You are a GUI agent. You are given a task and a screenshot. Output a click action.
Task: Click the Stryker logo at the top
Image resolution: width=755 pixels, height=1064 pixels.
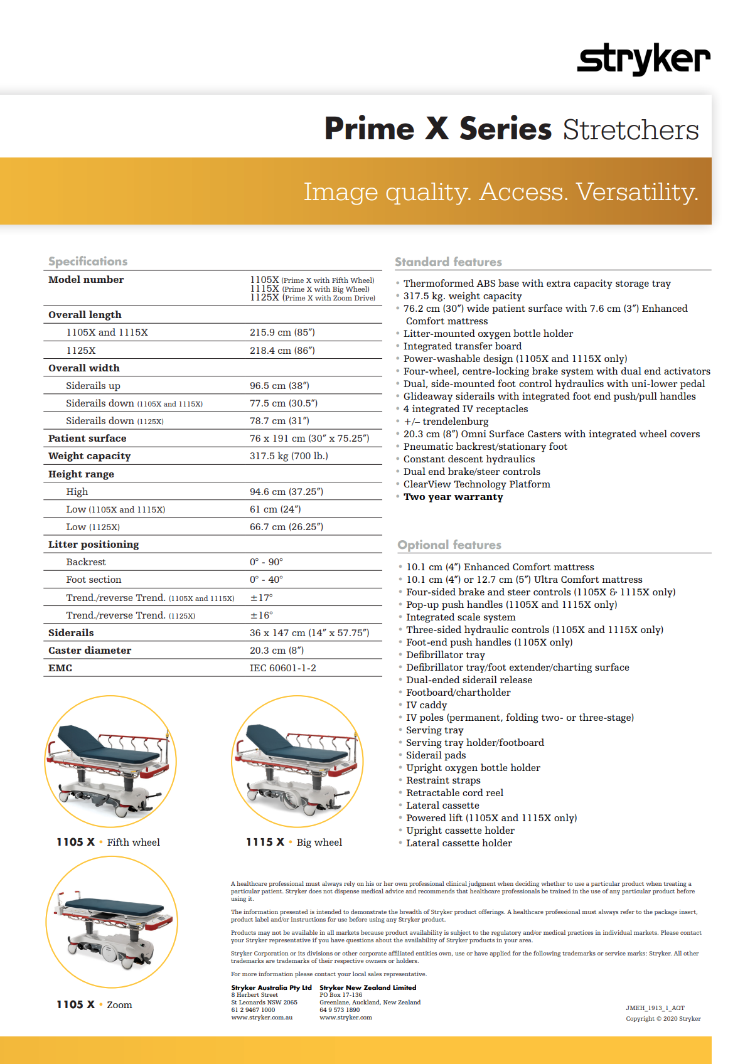click(x=643, y=60)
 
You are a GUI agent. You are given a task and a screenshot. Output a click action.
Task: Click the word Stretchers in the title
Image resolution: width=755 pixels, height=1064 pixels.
click(x=630, y=130)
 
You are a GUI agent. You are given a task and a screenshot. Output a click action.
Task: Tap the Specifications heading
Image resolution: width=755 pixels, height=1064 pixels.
click(x=88, y=262)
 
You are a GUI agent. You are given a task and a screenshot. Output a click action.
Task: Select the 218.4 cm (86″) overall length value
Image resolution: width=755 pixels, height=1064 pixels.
click(x=282, y=351)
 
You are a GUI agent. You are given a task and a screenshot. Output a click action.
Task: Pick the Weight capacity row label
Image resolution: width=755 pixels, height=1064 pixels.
click(x=90, y=456)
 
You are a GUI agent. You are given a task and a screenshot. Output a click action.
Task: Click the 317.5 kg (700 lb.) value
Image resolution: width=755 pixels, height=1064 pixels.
click(x=289, y=456)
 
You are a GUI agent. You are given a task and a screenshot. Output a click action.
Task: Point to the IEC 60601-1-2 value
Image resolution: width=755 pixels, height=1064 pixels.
click(x=283, y=668)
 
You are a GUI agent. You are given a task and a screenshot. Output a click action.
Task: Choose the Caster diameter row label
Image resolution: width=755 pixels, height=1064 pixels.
click(x=90, y=651)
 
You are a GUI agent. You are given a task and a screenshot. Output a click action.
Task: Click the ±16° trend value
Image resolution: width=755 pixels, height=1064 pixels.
click(x=262, y=615)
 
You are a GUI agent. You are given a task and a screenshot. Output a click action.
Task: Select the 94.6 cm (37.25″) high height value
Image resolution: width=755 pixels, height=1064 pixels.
click(x=286, y=492)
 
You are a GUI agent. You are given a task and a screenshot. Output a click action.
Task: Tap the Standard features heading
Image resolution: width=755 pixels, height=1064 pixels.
click(x=448, y=262)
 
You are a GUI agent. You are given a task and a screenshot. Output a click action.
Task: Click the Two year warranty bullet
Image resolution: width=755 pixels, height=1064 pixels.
click(x=453, y=497)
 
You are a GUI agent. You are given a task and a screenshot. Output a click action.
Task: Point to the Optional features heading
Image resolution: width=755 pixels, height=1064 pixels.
click(x=449, y=545)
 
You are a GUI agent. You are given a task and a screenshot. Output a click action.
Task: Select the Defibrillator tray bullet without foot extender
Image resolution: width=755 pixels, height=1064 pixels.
click(x=446, y=655)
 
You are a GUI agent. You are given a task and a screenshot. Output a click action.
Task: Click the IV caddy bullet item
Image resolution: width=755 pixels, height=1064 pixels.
click(x=427, y=705)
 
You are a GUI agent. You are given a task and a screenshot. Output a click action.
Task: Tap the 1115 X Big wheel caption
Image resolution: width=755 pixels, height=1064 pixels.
click(x=294, y=843)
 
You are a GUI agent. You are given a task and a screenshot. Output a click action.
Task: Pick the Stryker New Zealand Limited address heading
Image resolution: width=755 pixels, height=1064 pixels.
click(x=368, y=987)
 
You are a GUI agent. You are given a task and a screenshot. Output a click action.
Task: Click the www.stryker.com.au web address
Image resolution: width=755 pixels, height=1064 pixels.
click(x=262, y=1018)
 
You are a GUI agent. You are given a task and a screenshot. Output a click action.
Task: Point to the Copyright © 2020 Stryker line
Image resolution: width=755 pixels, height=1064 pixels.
click(x=663, y=1019)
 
